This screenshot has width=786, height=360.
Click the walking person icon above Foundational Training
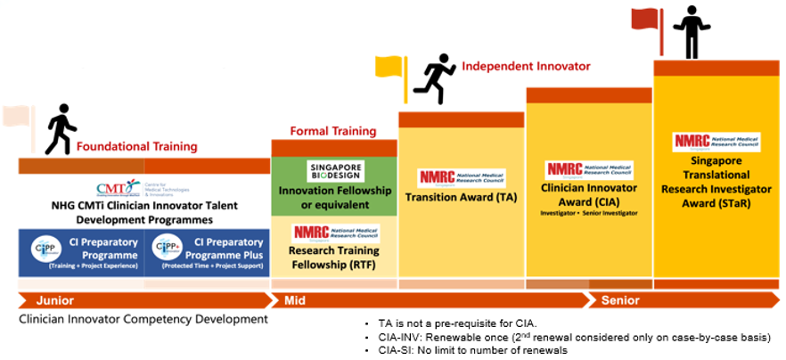pyautogui.click(x=60, y=129)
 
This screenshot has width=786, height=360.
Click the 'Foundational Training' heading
pyautogui.click(x=136, y=146)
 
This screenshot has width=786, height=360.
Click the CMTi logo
pyautogui.click(x=119, y=188)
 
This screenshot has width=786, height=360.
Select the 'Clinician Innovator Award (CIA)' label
pyautogui.click(x=589, y=194)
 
